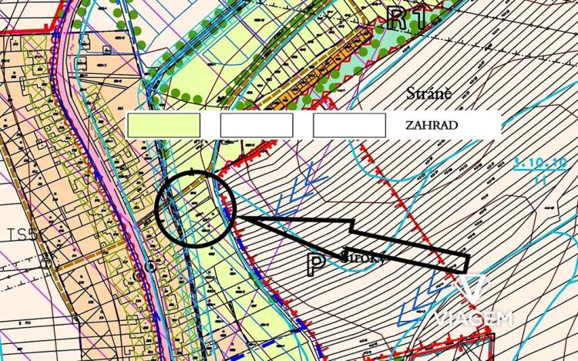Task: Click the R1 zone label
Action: click(x=408, y=17)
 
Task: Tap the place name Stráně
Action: click(x=428, y=94)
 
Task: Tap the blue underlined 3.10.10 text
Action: click(x=540, y=164)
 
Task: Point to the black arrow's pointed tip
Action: click(x=232, y=218)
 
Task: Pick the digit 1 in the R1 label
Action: click(x=418, y=17)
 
